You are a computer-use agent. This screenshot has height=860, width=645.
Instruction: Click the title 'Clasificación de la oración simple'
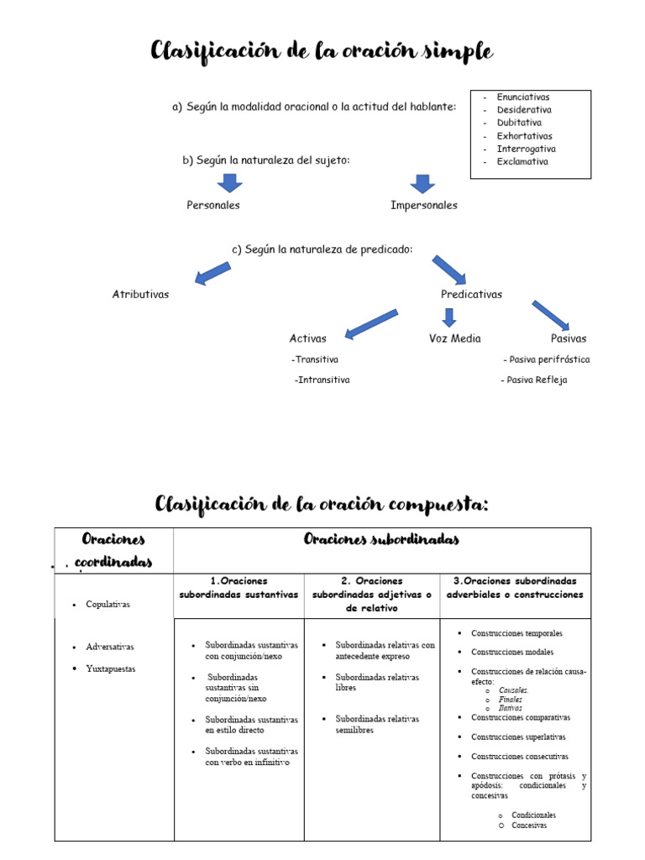322,52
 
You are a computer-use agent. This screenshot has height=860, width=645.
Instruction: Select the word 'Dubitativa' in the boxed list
519,123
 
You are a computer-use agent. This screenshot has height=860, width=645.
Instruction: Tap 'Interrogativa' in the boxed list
526,149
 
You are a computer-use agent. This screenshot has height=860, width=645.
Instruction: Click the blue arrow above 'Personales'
229,183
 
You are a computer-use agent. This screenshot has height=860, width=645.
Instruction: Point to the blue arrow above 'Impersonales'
422,183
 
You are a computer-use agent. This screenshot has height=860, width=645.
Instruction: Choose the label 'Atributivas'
140,295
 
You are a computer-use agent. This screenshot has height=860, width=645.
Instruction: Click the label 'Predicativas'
471,295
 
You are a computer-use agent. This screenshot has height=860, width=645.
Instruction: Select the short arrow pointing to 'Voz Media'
449,317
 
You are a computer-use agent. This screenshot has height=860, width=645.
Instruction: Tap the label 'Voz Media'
454,338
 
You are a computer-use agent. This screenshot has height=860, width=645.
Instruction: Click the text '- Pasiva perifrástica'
546,359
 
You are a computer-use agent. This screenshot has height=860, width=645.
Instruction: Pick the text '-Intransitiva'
322,380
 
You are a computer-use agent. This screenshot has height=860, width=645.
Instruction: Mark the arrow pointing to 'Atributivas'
212,272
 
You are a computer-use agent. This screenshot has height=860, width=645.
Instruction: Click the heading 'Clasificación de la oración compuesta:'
322,504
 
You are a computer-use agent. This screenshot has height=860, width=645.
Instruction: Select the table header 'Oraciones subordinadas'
381,539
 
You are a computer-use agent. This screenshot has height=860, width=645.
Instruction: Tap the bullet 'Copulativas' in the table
107,604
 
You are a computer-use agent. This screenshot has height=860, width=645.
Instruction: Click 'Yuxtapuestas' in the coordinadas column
110,669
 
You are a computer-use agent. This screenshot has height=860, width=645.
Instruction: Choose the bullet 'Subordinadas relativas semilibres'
376,724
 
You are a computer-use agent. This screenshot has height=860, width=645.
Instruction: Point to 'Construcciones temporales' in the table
517,633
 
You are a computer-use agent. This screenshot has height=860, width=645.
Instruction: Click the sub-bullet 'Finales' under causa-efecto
510,699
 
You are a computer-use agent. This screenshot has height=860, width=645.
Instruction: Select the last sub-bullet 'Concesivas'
528,826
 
